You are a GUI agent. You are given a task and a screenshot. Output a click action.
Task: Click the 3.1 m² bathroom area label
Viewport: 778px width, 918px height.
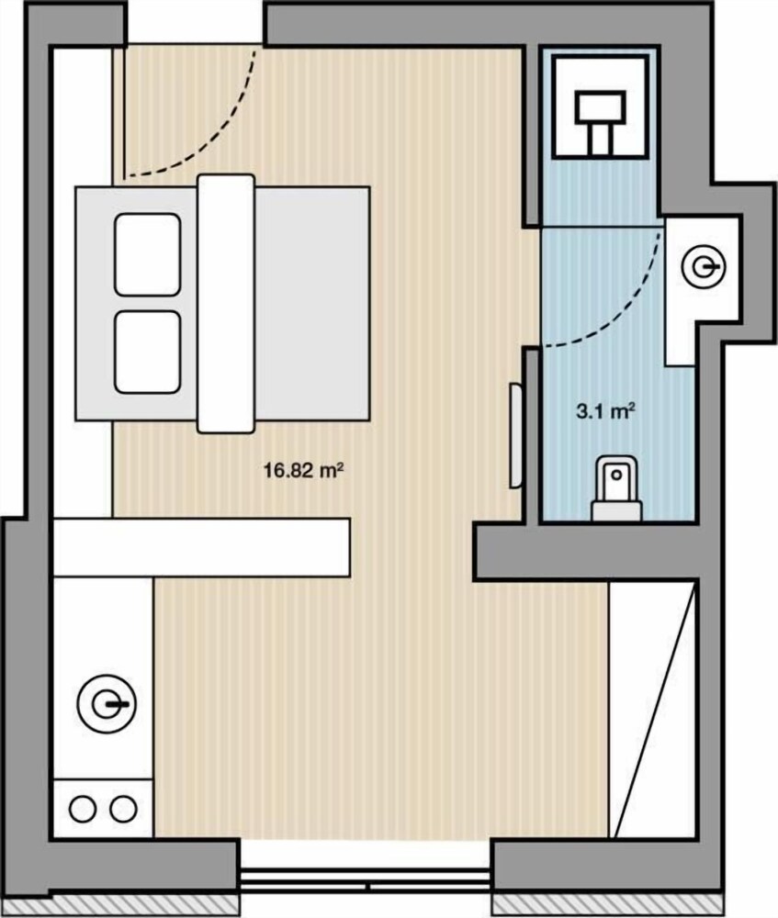[606, 410]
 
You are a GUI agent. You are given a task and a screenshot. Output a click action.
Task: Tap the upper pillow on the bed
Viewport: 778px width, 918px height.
[147, 254]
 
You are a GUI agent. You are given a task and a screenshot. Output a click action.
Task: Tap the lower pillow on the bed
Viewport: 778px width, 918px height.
[147, 352]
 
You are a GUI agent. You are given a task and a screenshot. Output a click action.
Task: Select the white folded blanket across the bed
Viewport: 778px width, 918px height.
[226, 303]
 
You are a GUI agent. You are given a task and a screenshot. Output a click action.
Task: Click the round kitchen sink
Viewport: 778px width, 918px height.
[107, 703]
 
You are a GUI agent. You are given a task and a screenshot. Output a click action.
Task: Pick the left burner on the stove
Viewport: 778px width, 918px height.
[83, 810]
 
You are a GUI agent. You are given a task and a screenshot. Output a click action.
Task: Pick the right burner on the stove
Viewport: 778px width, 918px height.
[123, 810]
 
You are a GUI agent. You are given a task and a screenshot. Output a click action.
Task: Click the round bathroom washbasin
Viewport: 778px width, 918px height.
[703, 267]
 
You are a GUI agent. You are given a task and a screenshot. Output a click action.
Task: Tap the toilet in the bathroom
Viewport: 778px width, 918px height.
[617, 489]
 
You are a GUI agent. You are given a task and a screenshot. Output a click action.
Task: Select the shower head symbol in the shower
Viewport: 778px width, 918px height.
[600, 121]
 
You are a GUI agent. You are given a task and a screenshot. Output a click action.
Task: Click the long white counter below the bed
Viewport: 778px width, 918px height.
[201, 547]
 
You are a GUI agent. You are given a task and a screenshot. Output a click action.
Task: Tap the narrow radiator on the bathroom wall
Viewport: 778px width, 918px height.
[515, 435]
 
